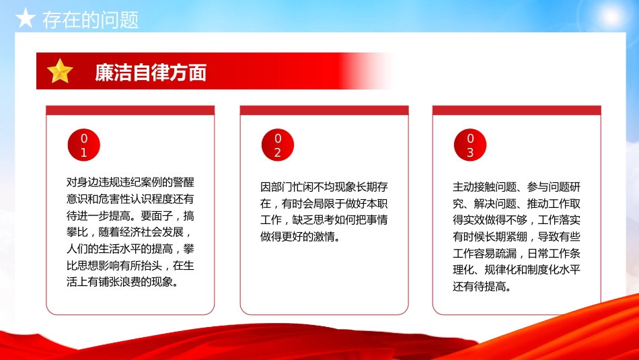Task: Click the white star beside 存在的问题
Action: pyautogui.click(x=25, y=19)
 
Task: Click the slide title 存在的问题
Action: pyautogui.click(x=91, y=20)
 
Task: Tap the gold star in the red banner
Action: pyautogui.click(x=60, y=71)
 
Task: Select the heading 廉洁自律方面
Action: pyautogui.click(x=151, y=72)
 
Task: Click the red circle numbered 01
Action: pyautogui.click(x=84, y=146)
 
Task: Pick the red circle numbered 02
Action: pyautogui.click(x=277, y=146)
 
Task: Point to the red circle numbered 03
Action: pyautogui.click(x=470, y=146)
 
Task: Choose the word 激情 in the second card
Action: pyautogui.click(x=330, y=237)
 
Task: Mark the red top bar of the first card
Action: pyautogui.click(x=130, y=110)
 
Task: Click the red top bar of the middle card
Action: pyautogui.click(x=324, y=110)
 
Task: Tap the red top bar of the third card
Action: pyautogui.click(x=517, y=110)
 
